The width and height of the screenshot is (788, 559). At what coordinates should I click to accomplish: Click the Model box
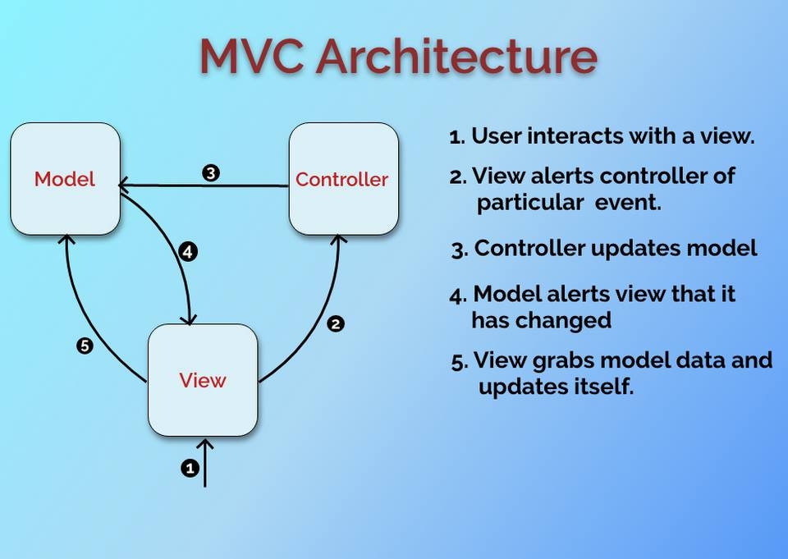coord(65,179)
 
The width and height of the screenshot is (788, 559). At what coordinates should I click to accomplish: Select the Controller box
coord(343,179)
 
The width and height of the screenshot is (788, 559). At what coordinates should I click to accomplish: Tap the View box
coord(203,380)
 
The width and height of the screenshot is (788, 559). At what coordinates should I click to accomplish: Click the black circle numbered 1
coord(190,468)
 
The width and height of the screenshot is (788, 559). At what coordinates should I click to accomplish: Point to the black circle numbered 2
coord(335,323)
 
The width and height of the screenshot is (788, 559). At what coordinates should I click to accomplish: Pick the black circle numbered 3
coord(211,173)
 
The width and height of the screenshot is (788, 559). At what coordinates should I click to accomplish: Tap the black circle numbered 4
coord(188,252)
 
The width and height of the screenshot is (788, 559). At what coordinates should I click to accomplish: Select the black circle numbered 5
coord(84,346)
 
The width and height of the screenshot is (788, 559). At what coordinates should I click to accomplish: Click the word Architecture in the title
coord(456,56)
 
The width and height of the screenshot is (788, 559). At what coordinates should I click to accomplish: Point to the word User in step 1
coord(496,136)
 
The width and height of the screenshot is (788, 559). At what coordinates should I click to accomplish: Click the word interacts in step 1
coord(566,136)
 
